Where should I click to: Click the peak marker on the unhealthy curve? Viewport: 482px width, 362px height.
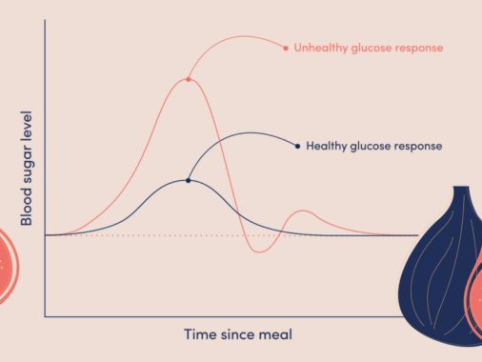point(189,79)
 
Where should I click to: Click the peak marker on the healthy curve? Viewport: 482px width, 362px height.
point(189,180)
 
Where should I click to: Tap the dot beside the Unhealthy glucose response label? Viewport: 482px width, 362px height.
point(286,49)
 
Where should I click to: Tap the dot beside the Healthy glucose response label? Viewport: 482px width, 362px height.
point(297,146)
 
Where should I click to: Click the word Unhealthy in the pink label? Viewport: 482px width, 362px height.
point(321,48)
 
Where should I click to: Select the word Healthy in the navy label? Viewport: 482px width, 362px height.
point(327,146)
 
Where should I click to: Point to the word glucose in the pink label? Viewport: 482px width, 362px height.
point(372,49)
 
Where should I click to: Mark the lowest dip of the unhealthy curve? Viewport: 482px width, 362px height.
point(259,252)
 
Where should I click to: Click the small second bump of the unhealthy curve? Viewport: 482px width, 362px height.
point(303,211)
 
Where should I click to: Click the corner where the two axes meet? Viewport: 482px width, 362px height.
point(45,316)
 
